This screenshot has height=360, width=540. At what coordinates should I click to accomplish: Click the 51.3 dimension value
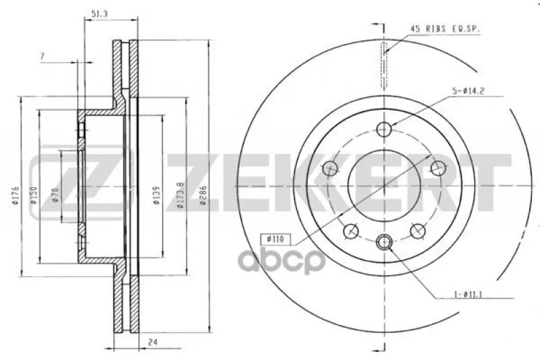[x=99, y=14]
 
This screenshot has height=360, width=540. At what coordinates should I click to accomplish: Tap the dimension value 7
[x=43, y=56]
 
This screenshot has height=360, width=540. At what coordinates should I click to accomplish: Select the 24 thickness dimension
[x=153, y=342]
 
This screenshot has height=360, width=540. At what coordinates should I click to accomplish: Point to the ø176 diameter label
[x=16, y=196]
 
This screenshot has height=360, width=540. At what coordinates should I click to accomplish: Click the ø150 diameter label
[x=33, y=195]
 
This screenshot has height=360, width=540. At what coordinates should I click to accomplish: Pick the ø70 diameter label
[x=56, y=195]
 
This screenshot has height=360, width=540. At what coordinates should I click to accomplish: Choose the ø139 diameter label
[x=157, y=196]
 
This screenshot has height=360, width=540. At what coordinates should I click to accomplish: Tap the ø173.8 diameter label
[x=180, y=195]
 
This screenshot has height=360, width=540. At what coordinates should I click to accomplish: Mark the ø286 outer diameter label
[x=203, y=195]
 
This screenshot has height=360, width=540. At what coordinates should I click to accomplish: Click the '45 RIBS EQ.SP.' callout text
[x=445, y=29]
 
